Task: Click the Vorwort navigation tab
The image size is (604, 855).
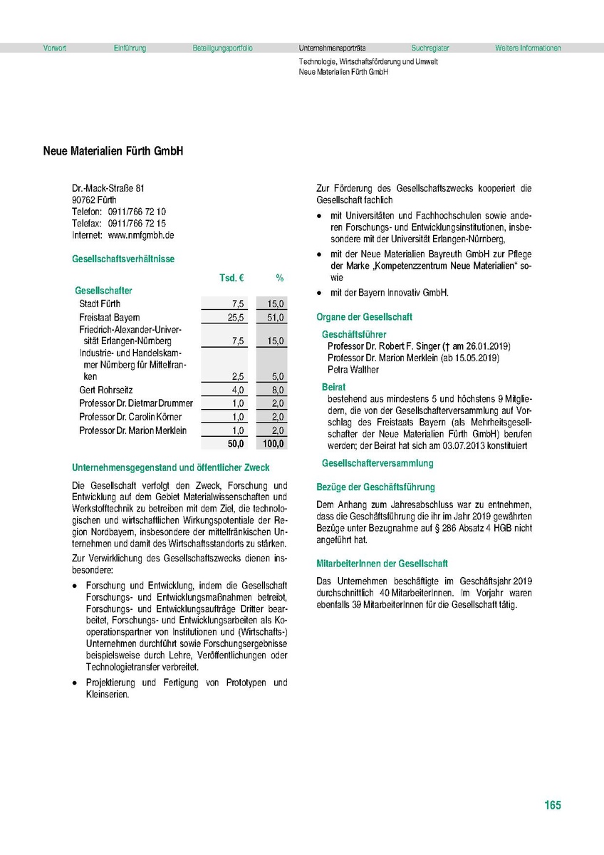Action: [55, 48]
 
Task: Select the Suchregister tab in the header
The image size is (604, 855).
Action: [430, 48]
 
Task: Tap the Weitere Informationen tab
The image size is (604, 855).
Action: [528, 48]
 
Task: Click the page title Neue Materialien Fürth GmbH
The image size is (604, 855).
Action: [113, 152]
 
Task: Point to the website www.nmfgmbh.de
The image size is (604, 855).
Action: [141, 234]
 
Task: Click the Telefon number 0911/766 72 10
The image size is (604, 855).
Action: [137, 212]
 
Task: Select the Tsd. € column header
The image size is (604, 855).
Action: [231, 277]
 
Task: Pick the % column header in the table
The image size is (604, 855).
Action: [280, 277]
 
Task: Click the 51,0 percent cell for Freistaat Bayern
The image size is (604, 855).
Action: [276, 317]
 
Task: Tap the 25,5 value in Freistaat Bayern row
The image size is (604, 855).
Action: [236, 317]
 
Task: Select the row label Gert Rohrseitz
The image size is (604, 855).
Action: [106, 390]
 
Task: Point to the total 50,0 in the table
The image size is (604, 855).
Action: [235, 443]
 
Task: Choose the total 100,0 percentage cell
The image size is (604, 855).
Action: [274, 443]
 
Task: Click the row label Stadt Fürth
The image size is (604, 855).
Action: [100, 304]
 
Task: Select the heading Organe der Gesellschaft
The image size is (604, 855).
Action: [364, 317]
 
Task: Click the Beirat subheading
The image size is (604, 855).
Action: [333, 386]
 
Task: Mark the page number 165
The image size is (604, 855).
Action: [552, 805]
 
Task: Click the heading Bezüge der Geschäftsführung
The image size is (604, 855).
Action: [375, 487]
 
